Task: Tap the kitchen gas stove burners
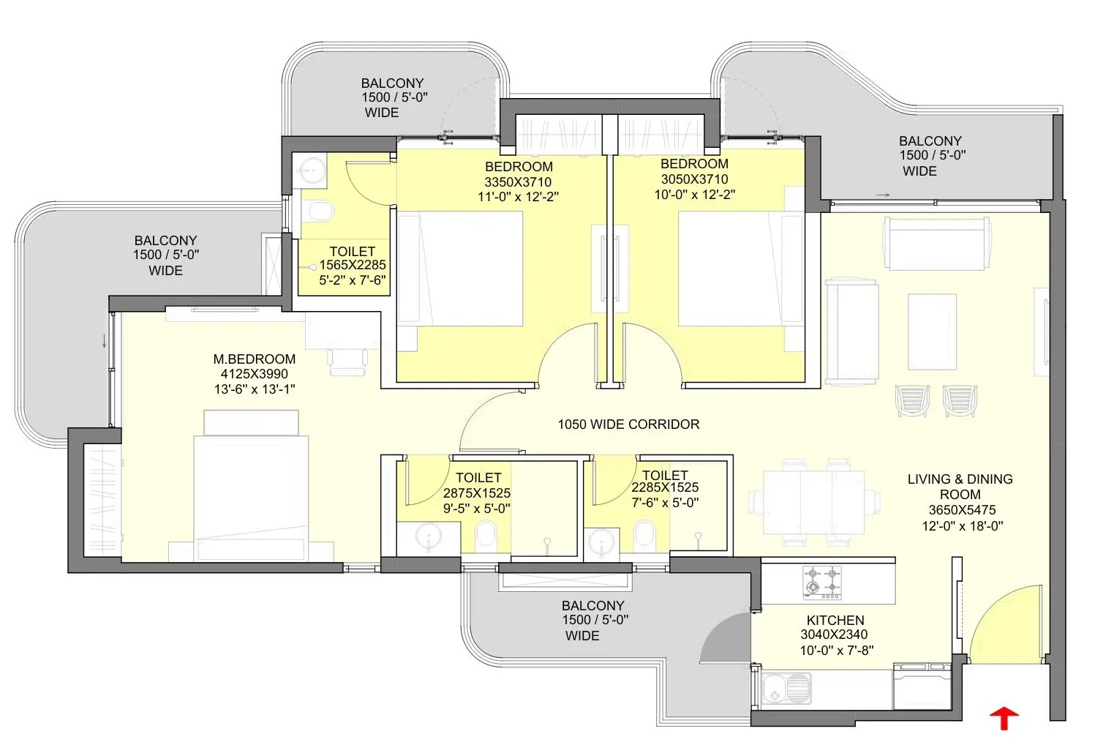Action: pos(822,582)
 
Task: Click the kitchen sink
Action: pos(786,688)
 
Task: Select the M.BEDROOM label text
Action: pos(255,359)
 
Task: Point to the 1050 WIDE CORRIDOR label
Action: pos(628,424)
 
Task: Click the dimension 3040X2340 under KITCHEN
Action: pos(834,634)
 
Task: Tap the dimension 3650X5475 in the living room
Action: pos(962,510)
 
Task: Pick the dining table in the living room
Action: pos(814,501)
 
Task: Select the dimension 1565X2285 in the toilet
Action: pos(353,265)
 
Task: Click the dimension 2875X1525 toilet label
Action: pos(477,493)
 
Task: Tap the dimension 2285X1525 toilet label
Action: pos(665,487)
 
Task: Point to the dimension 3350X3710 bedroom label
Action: pos(518,182)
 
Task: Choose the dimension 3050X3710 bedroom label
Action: pos(694,179)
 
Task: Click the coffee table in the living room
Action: pos(932,331)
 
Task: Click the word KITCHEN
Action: pos(835,620)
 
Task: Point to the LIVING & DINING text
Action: pos(960,479)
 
